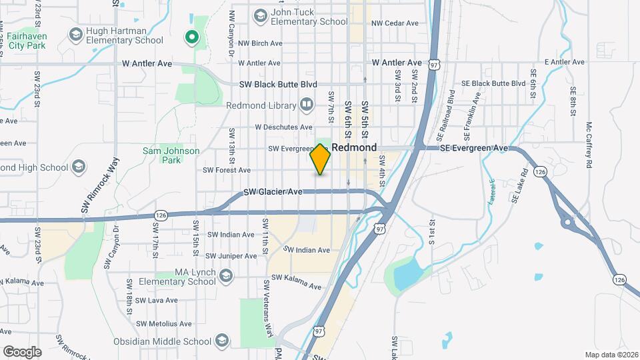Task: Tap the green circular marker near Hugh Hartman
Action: pyautogui.click(x=192, y=37)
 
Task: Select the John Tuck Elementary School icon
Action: pyautogui.click(x=260, y=15)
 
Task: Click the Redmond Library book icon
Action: pyautogui.click(x=306, y=104)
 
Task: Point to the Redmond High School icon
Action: pyautogui.click(x=79, y=166)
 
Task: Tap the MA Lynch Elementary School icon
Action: pyautogui.click(x=226, y=275)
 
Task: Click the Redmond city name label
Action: pyautogui.click(x=354, y=147)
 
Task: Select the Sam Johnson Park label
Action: pyautogui.click(x=171, y=155)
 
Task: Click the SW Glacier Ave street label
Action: pyautogui.click(x=273, y=192)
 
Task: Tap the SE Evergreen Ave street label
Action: pyautogui.click(x=473, y=148)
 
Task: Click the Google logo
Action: pyautogui.click(x=22, y=352)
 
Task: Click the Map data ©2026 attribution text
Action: pyautogui.click(x=611, y=355)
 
